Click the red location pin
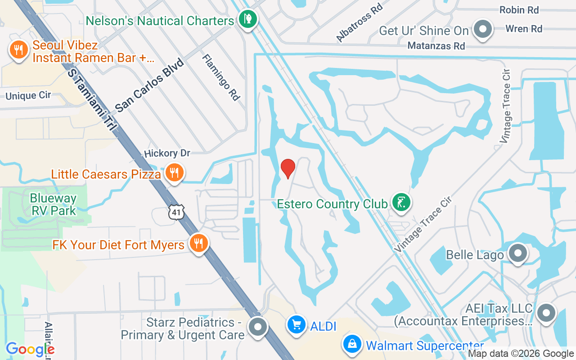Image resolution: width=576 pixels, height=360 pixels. [288, 168]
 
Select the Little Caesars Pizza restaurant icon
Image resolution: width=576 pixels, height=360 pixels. [174, 172]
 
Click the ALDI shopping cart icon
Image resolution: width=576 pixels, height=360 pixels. [297, 324]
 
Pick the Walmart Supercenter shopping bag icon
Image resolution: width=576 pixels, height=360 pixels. [353, 345]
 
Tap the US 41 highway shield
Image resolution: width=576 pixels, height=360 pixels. [176, 212]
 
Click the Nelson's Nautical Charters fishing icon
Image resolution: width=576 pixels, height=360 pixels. [247, 19]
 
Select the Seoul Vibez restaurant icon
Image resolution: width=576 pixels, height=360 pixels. [18, 50]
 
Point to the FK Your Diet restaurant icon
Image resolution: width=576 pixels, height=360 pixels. [198, 243]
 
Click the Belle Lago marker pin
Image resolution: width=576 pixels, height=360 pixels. [518, 253]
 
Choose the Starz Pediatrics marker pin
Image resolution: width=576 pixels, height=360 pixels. [258, 327]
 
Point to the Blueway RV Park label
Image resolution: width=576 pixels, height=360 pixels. [53, 204]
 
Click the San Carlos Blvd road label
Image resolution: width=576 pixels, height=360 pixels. [149, 85]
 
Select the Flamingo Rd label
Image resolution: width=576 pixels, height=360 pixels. [221, 77]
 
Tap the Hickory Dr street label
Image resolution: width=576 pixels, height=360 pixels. [167, 153]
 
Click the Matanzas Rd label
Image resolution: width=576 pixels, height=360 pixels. [436, 46]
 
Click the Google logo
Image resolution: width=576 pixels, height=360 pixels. [30, 349]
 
